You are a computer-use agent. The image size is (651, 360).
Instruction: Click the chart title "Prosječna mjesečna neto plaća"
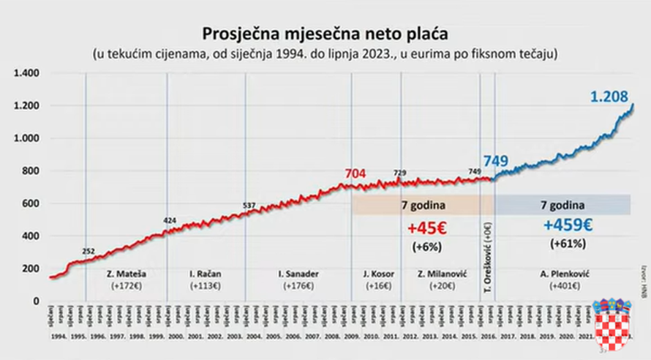pyautogui.click(x=326, y=34)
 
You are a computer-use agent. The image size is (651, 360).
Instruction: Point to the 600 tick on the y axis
pyautogui.click(x=29, y=203)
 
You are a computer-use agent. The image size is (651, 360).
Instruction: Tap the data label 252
pyautogui.click(x=89, y=252)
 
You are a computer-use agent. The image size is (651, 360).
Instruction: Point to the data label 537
pyautogui.click(x=249, y=205)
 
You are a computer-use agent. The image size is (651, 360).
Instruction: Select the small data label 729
pyautogui.click(x=399, y=173)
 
